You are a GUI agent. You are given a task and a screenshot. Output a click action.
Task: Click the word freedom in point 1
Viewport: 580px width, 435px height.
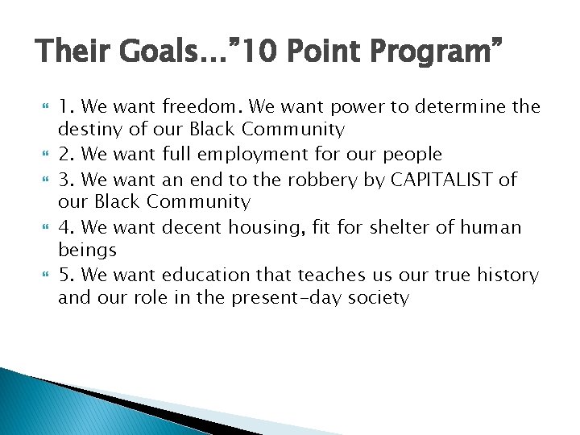(205, 106)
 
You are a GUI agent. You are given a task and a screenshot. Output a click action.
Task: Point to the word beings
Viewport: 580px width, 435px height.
(87, 251)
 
